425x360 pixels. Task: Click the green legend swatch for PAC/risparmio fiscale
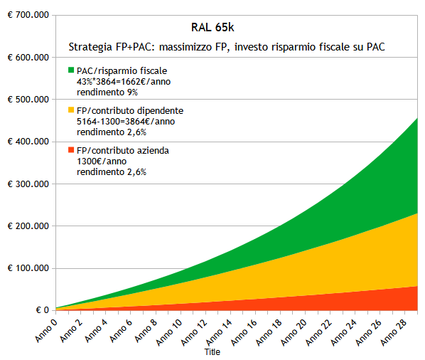[71, 70]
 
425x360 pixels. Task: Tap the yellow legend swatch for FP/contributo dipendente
[71, 110]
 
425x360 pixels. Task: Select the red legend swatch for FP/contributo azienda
[71, 150]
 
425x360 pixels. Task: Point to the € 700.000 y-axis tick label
[26, 15]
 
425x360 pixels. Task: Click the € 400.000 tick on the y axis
[26, 142]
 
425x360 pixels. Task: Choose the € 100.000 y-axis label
[26, 268]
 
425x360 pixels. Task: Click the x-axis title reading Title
[212, 352]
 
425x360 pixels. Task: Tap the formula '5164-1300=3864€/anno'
[126, 121]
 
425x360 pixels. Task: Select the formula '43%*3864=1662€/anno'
[123, 81]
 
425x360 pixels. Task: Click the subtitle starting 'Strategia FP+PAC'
[232, 47]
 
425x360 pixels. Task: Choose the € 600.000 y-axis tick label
[26, 57]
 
